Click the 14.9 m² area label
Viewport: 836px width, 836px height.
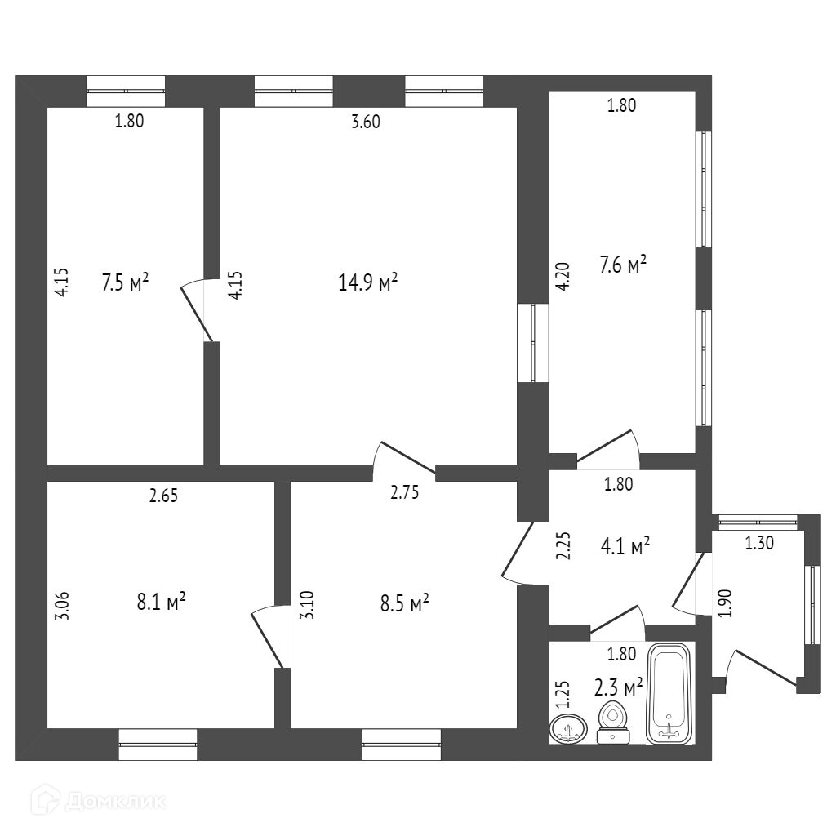[367, 282]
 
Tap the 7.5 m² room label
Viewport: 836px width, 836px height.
[125, 282]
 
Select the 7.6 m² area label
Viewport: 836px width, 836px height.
[623, 265]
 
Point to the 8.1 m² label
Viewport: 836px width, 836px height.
[162, 603]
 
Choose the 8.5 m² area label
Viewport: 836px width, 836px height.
[406, 604]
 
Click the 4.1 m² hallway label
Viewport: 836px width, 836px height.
[625, 545]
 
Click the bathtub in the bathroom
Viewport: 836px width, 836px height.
[670, 693]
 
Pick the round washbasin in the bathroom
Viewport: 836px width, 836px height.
[569, 727]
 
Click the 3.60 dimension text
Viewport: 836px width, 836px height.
[365, 122]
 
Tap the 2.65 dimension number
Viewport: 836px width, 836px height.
[163, 495]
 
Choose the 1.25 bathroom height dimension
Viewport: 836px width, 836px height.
[562, 695]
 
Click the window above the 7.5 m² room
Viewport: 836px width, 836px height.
[126, 91]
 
